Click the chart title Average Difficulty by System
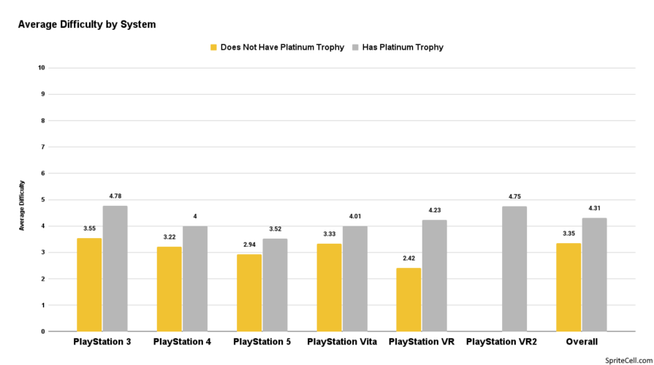tap(86, 24)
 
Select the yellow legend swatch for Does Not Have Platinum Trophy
tap(213, 47)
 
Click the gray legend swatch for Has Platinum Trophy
tap(355, 47)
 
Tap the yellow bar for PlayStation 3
tap(89, 285)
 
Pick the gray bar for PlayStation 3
tap(115, 269)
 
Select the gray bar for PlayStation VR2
tap(514, 269)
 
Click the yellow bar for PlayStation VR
tap(408, 299)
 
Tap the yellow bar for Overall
tap(569, 287)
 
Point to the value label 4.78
tap(115, 196)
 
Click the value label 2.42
tap(408, 258)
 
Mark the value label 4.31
tap(594, 208)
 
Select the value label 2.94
tap(249, 244)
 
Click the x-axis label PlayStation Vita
tap(341, 342)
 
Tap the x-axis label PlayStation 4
tap(182, 342)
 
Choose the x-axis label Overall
tap(581, 342)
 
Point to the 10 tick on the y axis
tap(42, 68)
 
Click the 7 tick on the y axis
tap(43, 147)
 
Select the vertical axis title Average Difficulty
tap(22, 205)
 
